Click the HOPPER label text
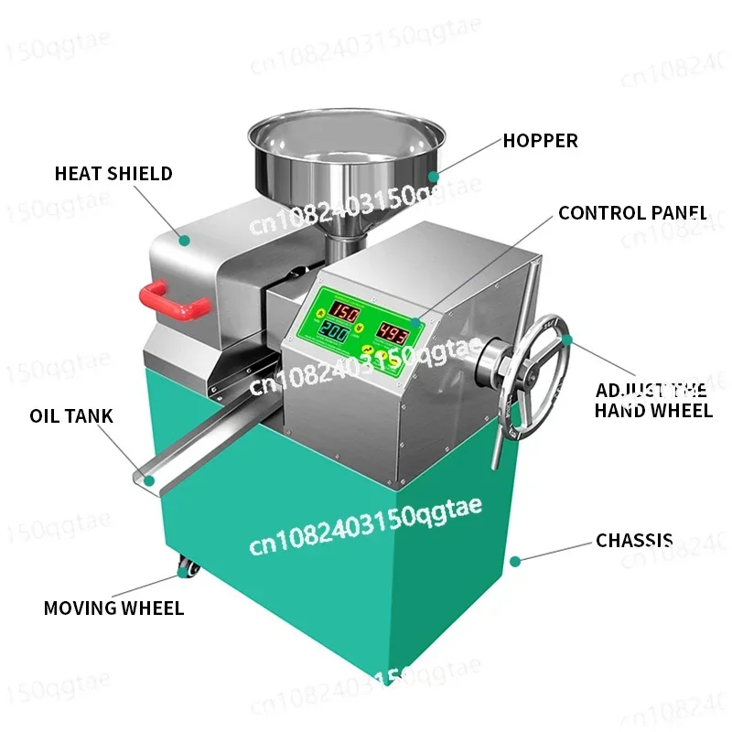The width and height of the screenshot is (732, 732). click(x=540, y=141)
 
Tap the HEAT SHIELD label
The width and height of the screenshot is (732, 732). click(x=113, y=174)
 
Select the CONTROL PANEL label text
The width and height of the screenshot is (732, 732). click(x=632, y=213)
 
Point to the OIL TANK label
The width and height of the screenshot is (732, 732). click(x=71, y=416)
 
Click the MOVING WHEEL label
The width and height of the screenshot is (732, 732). click(x=113, y=608)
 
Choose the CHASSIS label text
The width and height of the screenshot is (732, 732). click(x=634, y=541)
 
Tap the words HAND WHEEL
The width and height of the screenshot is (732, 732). click(x=653, y=410)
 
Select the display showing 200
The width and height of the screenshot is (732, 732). click(x=333, y=334)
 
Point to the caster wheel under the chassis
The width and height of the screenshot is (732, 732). click(x=188, y=568)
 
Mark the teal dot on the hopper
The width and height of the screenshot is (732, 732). click(x=435, y=174)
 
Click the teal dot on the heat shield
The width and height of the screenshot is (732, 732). click(x=184, y=241)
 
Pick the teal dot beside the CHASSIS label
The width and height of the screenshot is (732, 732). click(x=515, y=559)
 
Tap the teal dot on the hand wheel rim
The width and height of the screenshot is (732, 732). click(x=567, y=339)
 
